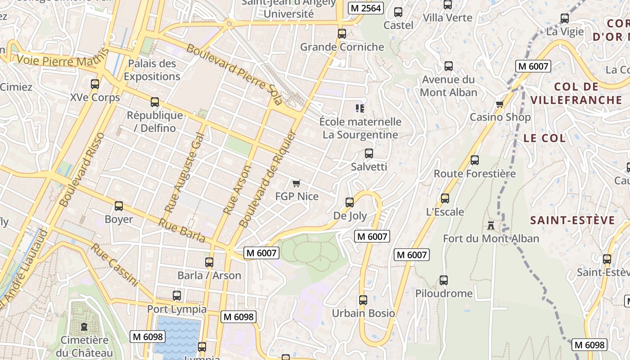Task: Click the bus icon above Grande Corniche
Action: [x=342, y=33]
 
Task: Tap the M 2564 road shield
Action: [x=365, y=8]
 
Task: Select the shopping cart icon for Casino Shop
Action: [x=499, y=104]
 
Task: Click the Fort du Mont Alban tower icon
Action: [x=490, y=225]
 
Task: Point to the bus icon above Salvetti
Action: [x=369, y=153]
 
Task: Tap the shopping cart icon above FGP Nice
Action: [x=296, y=183]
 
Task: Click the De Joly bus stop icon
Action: [x=350, y=202]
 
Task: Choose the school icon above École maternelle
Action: [x=360, y=108]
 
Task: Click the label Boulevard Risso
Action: [x=82, y=169]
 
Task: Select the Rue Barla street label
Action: [x=181, y=230]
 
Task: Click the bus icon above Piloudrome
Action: [x=444, y=280]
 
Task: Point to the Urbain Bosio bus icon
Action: [x=363, y=300]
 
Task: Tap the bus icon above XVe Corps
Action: [x=94, y=84]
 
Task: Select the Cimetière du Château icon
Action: [x=84, y=327]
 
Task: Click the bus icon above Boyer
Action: [x=119, y=206]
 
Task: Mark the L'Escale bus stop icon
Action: [x=445, y=198]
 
